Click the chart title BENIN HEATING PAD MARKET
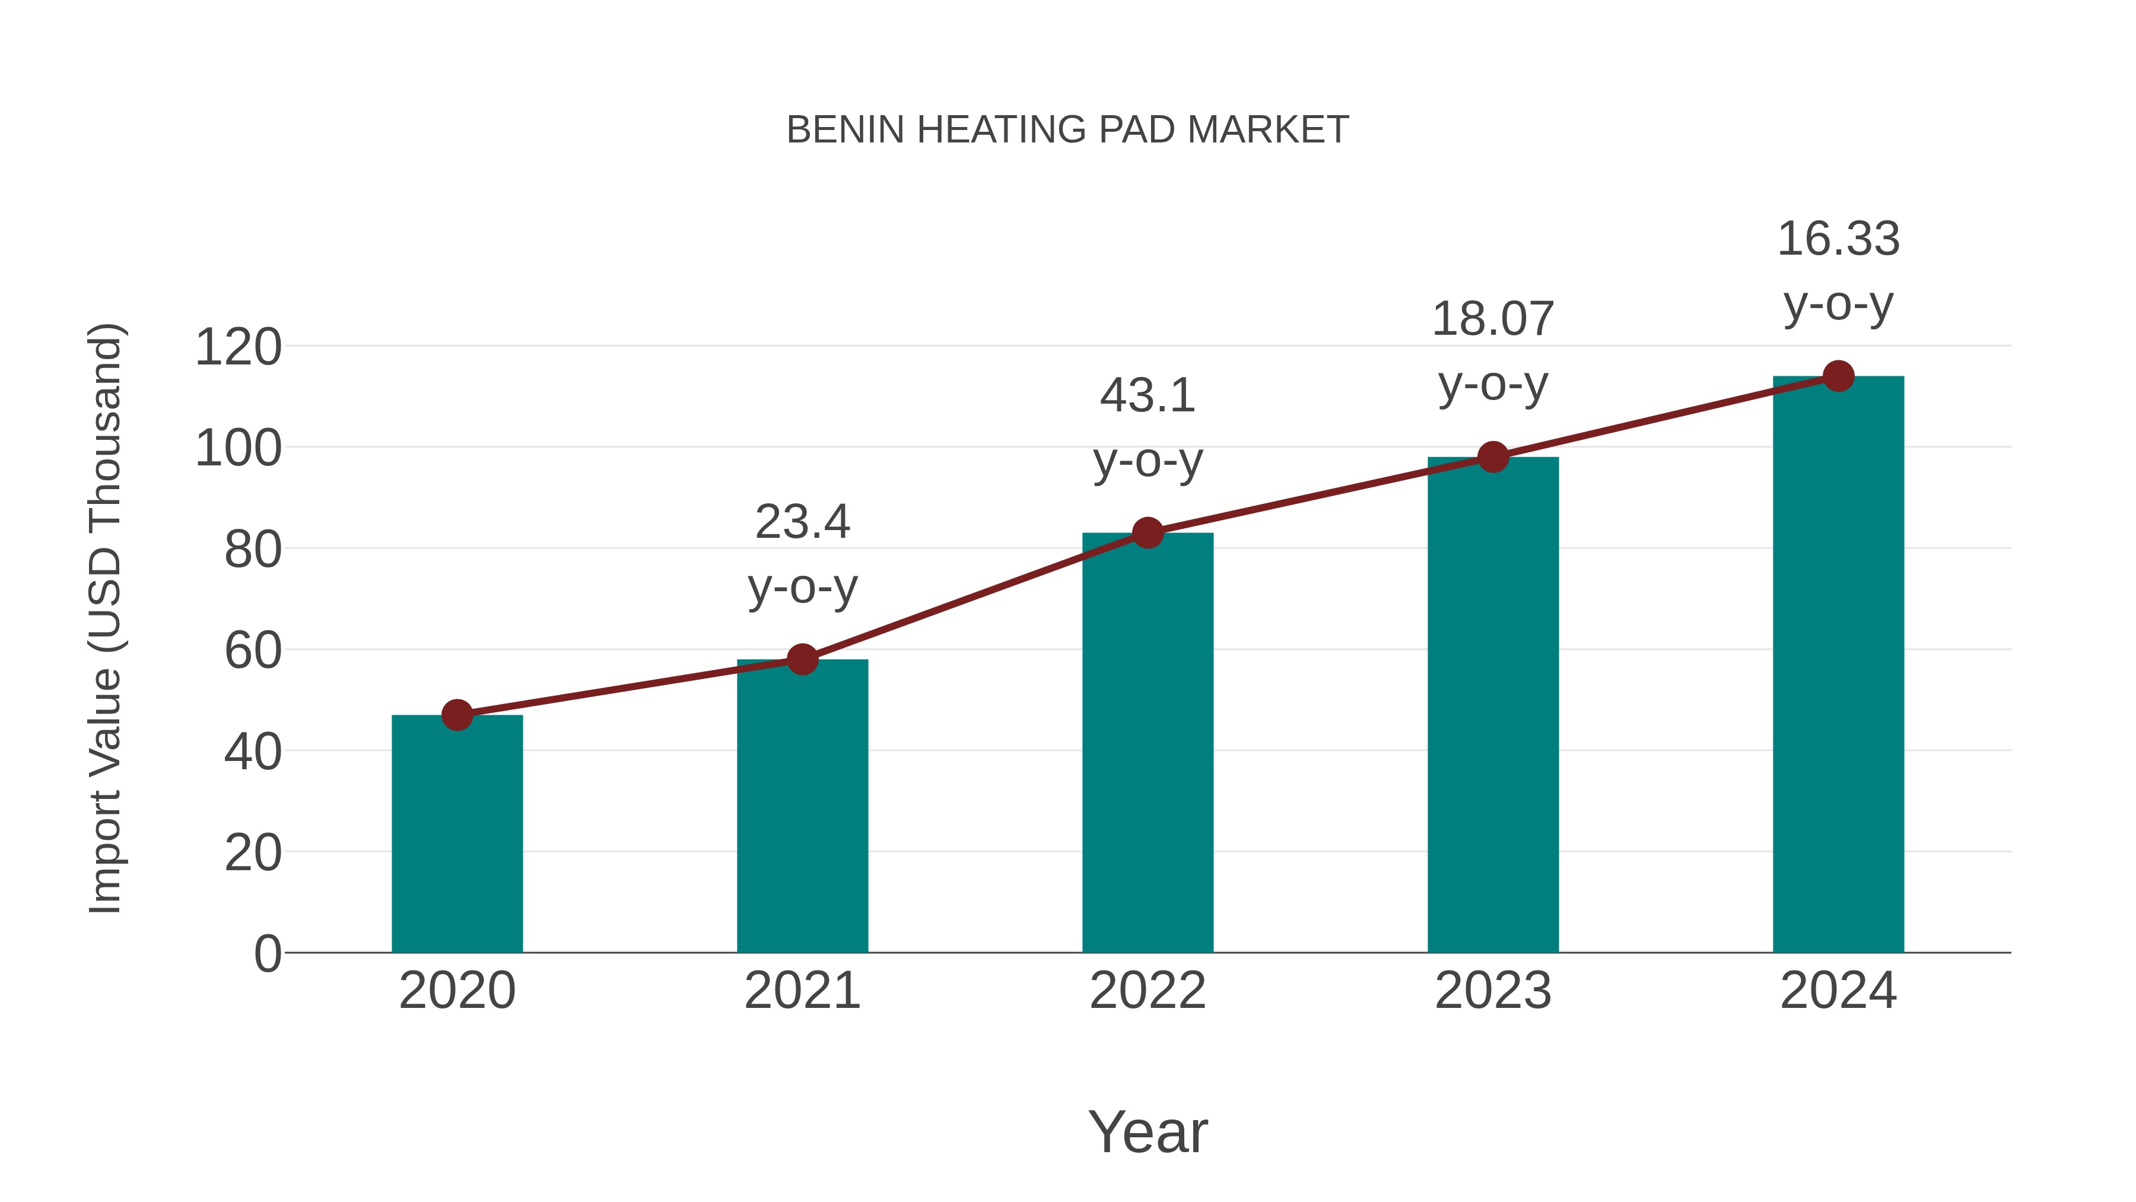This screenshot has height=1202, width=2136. point(1067,130)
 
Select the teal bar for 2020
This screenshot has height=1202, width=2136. point(457,834)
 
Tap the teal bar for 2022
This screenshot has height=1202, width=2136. point(1148,743)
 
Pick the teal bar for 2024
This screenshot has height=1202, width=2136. point(1838,664)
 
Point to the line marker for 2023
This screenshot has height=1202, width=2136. point(1493,456)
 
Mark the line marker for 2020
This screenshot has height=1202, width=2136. point(457,714)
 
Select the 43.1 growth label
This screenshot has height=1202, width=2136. point(1148,396)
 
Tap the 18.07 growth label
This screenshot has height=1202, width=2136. point(1493,319)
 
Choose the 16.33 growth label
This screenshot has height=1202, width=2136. point(1838,240)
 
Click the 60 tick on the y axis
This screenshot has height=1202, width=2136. point(253,651)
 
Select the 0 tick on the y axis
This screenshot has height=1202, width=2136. point(268,953)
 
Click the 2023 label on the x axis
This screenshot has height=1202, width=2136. point(1493,991)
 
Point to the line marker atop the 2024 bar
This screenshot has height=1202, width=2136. point(1838,376)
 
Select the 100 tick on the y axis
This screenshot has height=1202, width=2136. point(238,448)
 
